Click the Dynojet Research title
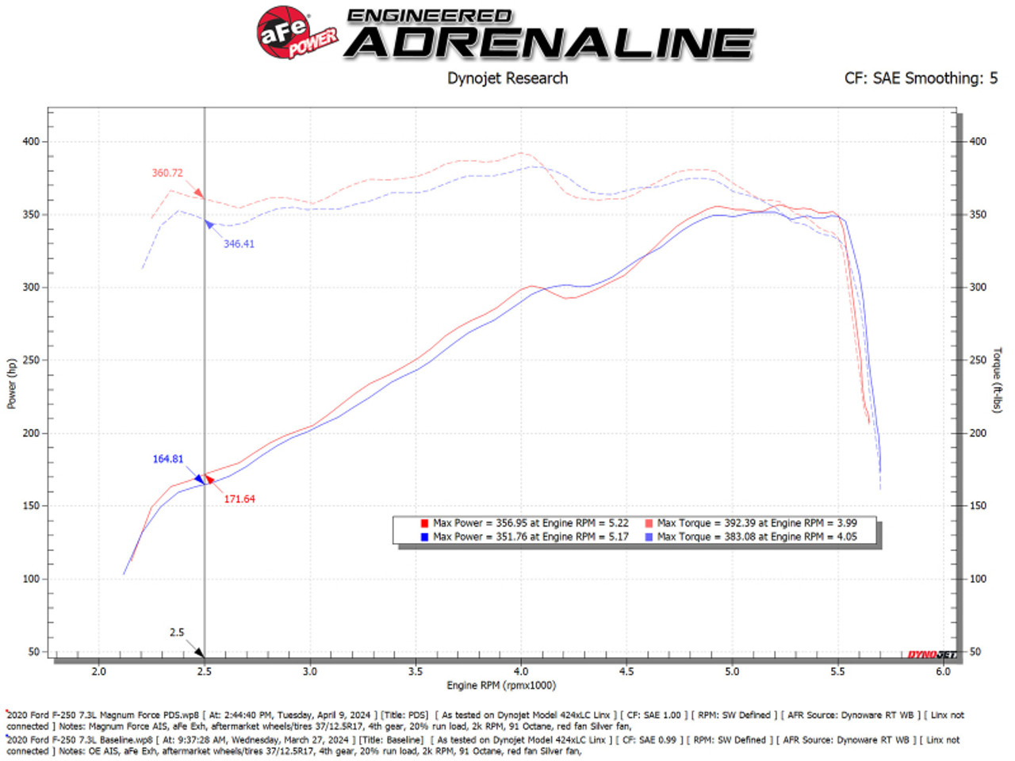[507, 78]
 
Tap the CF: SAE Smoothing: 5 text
[921, 78]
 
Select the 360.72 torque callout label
[167, 173]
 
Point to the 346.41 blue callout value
[239, 244]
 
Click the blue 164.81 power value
[168, 459]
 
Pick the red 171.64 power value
[239, 499]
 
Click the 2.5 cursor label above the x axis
[177, 633]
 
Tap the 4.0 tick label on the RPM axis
[521, 671]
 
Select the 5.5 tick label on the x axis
[837, 671]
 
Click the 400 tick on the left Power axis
[30, 142]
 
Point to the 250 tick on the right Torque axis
[979, 360]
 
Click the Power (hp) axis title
[11, 384]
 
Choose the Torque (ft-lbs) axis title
[998, 380]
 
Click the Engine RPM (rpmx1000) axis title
[501, 686]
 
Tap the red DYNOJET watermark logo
[932, 655]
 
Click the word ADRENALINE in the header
[550, 43]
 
